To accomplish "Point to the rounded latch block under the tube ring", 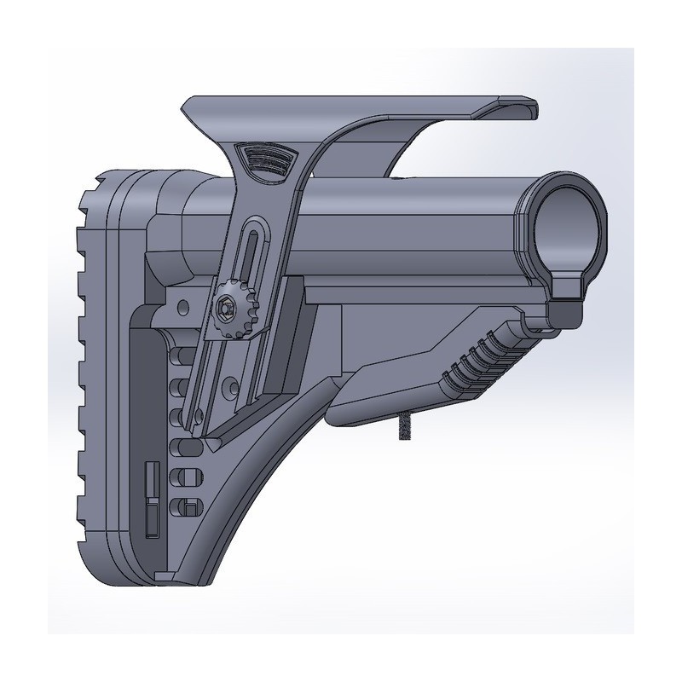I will click(x=564, y=309).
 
